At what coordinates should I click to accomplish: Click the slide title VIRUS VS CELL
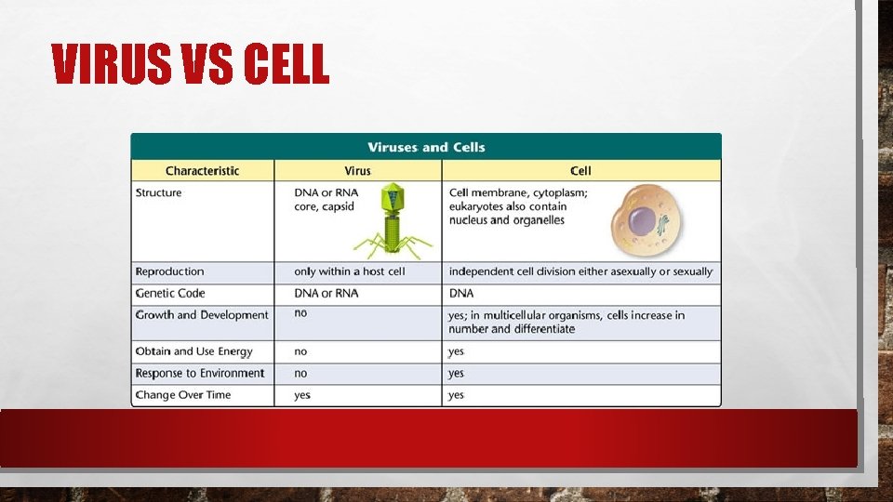pos(190,65)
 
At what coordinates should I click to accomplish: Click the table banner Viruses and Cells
pos(426,147)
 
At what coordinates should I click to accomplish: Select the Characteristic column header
pos(202,171)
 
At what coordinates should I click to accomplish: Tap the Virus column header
pos(357,171)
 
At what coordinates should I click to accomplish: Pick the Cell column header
pos(580,171)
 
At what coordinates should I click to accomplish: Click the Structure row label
pos(159,193)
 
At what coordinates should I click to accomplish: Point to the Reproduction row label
pos(169,271)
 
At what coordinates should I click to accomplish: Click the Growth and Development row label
pos(202,315)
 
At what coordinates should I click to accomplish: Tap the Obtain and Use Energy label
pos(193,351)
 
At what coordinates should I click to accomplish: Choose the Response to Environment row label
pos(200,374)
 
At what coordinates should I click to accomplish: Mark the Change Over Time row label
pos(183,395)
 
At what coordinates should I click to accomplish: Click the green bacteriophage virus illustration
pos(391,223)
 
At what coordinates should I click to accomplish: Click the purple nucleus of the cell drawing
pos(642,222)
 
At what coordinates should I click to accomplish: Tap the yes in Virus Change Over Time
pos(302,395)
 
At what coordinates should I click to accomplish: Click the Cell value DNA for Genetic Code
pos(461,293)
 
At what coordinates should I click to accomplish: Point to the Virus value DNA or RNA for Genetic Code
pos(326,293)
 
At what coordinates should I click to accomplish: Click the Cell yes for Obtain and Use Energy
pos(456,351)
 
